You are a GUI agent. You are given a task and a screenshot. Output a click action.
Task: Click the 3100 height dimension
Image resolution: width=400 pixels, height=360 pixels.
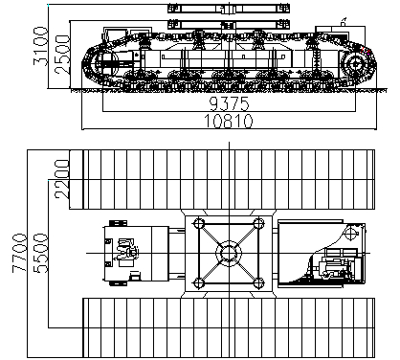click(x=40, y=47)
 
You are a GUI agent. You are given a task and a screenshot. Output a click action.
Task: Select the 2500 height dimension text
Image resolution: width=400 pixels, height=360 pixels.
click(x=61, y=55)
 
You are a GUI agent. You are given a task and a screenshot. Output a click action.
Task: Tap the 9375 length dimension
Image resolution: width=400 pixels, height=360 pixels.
click(x=229, y=103)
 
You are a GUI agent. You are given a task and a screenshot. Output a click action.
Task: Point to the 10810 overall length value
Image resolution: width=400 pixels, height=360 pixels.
click(x=229, y=121)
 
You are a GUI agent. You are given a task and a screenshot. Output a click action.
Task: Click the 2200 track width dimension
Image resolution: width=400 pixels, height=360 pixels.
click(x=62, y=179)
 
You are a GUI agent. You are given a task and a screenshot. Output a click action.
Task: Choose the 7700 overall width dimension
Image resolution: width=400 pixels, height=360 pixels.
click(x=19, y=254)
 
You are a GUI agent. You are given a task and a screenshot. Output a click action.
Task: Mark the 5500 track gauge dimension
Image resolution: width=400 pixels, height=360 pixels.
click(x=40, y=254)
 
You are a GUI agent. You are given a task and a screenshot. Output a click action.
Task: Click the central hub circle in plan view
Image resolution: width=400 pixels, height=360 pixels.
click(x=229, y=254)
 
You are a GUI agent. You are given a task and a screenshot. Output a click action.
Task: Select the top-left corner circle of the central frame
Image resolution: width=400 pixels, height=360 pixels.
click(x=199, y=223)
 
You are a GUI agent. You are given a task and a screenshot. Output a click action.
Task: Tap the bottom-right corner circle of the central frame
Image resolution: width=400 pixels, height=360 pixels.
click(x=258, y=283)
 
